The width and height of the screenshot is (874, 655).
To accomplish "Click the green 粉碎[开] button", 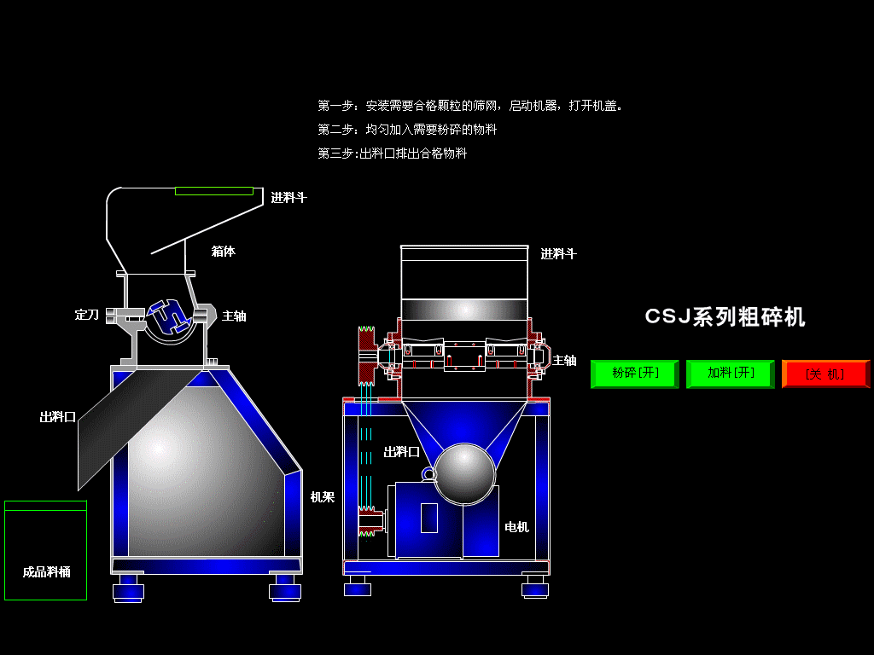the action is (x=635, y=374).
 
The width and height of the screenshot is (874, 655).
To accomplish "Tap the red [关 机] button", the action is (x=825, y=374).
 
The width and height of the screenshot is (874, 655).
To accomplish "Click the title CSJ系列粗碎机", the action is (x=725, y=317).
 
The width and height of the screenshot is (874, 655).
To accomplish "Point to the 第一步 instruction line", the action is (x=470, y=106).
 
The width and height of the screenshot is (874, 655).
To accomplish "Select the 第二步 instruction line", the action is (x=407, y=130).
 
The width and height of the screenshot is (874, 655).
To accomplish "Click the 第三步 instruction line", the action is (x=393, y=154).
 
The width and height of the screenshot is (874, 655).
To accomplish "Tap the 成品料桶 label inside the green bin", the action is (x=46, y=572).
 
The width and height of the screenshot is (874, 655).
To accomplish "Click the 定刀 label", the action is (x=87, y=316).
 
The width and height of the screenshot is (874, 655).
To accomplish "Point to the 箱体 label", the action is (x=223, y=252).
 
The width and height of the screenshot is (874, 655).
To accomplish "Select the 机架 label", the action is (x=322, y=497).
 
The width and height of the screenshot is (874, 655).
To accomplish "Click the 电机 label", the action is (x=516, y=527).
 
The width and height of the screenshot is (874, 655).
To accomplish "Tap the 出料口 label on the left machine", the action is (x=58, y=417).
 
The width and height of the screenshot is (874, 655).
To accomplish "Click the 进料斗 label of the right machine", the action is (x=558, y=254).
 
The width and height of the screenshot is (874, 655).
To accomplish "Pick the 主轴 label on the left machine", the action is (x=234, y=316).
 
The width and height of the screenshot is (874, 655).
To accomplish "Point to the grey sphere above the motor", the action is (x=464, y=474).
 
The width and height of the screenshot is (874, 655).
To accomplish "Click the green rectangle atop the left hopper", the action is (x=214, y=191).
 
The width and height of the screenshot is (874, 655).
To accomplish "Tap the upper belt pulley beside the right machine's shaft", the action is (x=366, y=355).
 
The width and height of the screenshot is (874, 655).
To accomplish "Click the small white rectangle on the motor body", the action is (x=429, y=518).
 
